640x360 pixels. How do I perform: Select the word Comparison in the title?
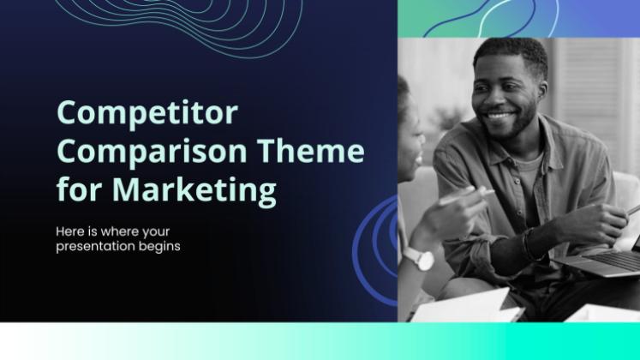coord(152,152)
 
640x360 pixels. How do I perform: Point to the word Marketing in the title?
coord(194,190)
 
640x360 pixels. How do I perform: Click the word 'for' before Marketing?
coord(79,189)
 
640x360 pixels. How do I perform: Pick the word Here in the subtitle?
coord(70,231)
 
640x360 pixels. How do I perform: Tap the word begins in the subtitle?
coord(159,247)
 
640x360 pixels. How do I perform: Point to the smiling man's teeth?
coord(499,116)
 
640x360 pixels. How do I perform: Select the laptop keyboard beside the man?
coord(613,260)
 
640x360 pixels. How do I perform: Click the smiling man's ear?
coord(542,89)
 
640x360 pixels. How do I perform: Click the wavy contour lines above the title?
coord(180,26)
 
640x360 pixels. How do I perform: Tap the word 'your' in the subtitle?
coord(156,231)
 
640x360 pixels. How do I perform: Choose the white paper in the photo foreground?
coord(465,307)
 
